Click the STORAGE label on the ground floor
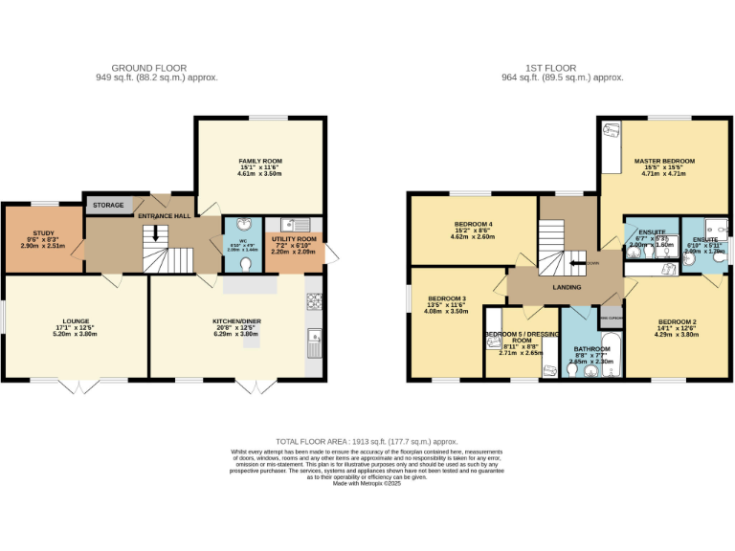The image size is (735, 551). point(108,206)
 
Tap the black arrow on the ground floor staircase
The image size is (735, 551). point(157,232)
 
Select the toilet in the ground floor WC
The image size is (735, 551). point(246,263)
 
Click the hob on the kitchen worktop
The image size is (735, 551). point(314,301)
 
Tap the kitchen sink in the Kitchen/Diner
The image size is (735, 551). point(314,337)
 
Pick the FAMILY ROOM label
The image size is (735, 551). point(260,162)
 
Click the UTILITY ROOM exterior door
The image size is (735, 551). point(328,253)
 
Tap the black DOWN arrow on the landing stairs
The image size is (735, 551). point(577,261)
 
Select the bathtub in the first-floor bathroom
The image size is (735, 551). point(612,354)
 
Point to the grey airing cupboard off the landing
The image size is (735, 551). point(611,317)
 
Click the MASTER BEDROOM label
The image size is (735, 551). point(664,161)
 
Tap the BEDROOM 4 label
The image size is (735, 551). point(473,224)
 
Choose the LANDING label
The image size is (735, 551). point(568,286)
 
